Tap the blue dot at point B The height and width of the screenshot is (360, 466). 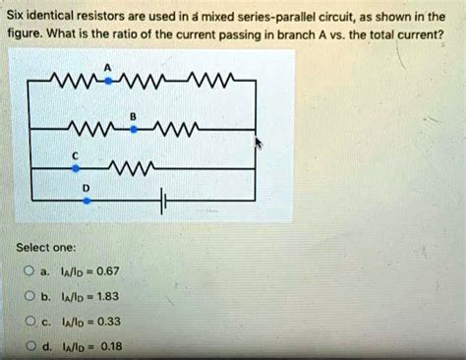133,127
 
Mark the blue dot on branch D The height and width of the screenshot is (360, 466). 87,199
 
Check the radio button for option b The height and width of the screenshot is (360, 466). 30,295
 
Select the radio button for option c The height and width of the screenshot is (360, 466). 30,321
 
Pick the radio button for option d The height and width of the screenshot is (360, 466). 30,345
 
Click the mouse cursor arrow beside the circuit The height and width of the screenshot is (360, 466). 259,145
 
